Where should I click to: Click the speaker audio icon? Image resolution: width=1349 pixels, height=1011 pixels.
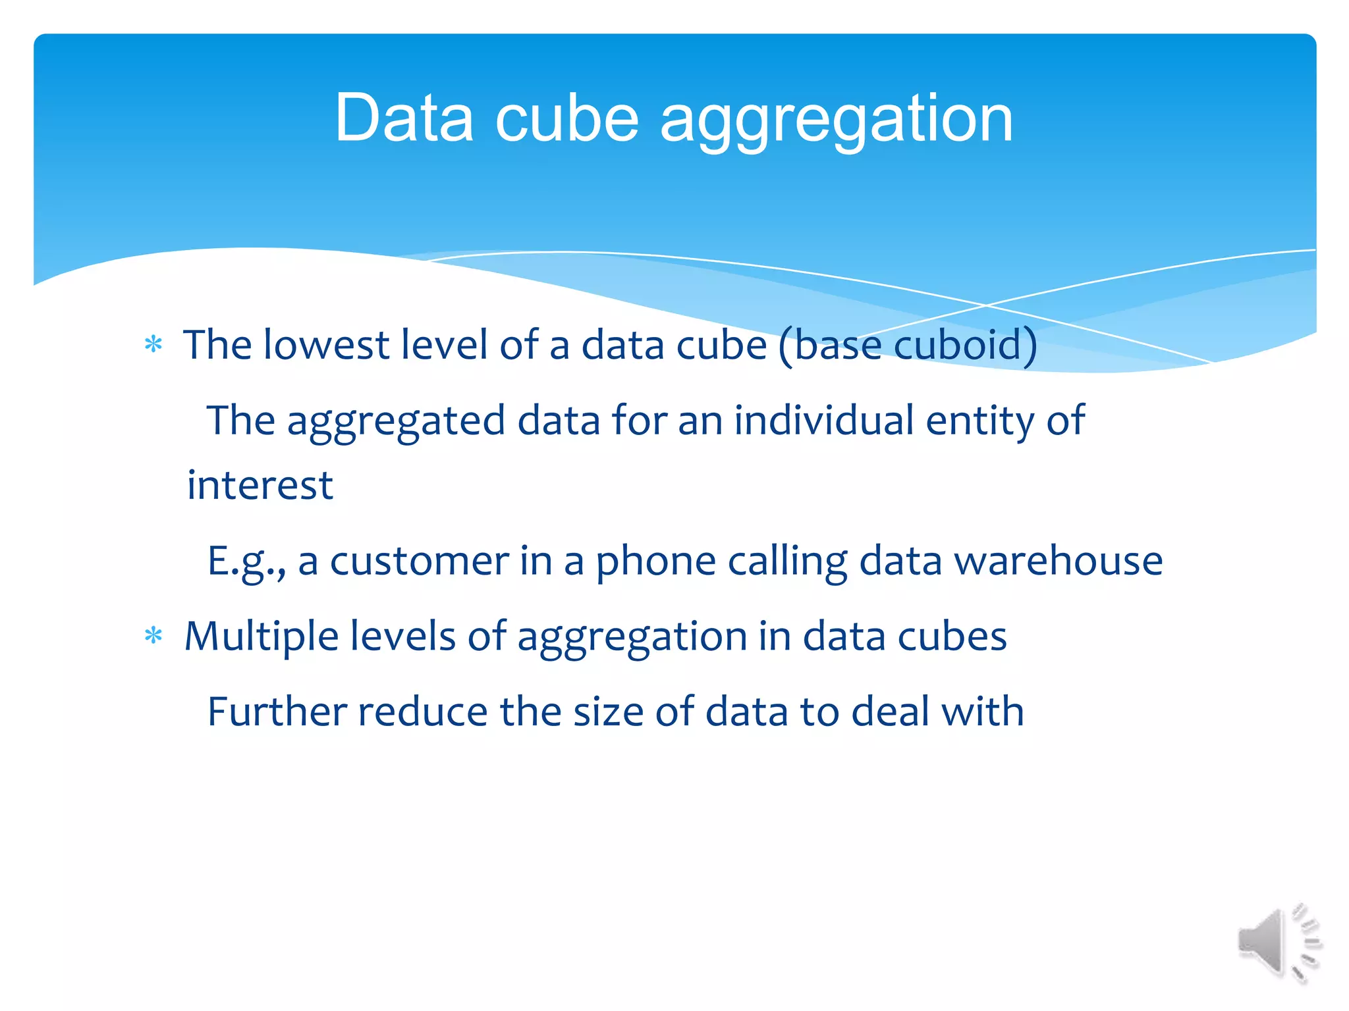coord(1278,943)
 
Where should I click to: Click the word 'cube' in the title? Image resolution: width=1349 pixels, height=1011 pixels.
coord(566,118)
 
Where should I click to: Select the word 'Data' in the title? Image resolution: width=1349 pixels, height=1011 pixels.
coord(404,118)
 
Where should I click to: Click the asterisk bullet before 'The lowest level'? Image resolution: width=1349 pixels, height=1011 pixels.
coord(153,344)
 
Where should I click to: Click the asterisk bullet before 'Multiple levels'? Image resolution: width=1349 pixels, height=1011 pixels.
coord(153,635)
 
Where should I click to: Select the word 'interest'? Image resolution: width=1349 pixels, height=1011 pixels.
coord(260,486)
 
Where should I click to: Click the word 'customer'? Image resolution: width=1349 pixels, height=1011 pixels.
coord(419,561)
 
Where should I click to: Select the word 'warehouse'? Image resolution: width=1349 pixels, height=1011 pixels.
coord(1058,561)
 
